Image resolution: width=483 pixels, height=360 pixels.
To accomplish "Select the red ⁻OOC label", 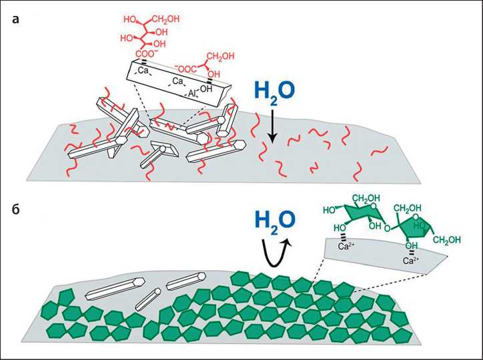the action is coord(187,67).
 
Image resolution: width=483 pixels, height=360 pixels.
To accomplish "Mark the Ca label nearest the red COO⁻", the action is coord(143,69).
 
